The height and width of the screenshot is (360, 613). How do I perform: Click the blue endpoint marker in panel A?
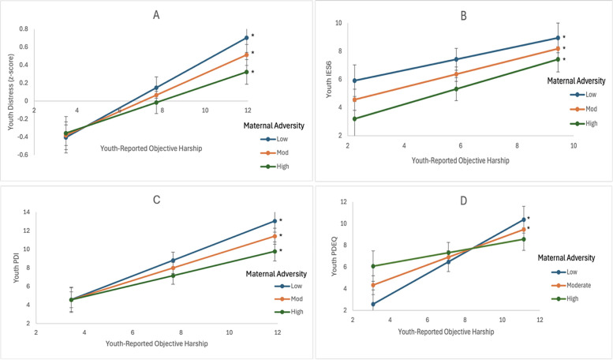click(246, 37)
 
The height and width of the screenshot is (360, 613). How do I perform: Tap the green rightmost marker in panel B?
click(558, 59)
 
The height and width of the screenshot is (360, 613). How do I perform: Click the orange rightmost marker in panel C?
click(275, 236)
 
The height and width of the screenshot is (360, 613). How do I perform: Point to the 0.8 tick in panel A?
click(24, 29)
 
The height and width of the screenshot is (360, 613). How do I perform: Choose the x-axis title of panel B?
click(460, 160)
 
